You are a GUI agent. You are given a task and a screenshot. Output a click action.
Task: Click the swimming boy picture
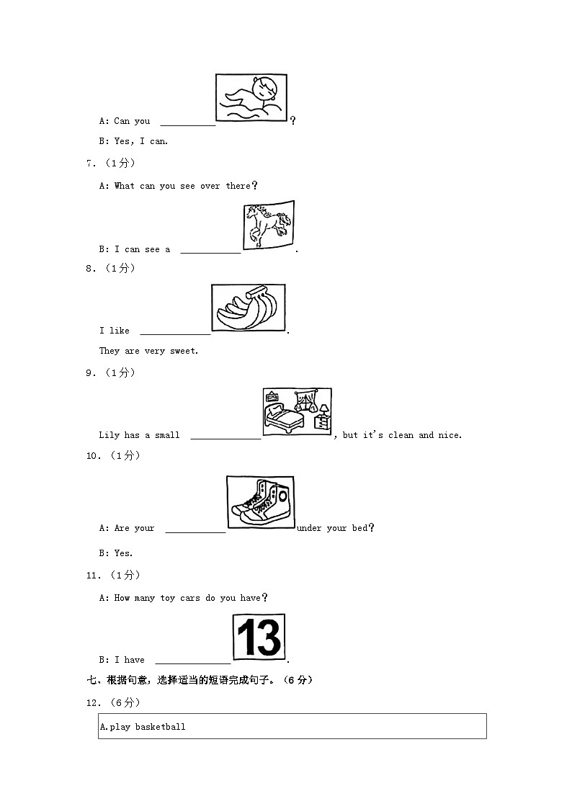[251, 97]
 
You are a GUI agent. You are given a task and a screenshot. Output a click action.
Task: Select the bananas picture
[249, 308]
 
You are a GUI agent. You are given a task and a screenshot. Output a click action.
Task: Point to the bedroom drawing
[297, 412]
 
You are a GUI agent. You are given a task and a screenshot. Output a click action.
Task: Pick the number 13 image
[259, 637]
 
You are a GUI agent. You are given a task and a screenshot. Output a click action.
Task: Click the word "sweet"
[183, 351]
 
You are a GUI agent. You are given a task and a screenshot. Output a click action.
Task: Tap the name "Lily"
[109, 435]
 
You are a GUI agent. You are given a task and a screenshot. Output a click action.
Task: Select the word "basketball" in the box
[160, 727]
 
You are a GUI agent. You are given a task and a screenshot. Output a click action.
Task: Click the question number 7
[90, 164]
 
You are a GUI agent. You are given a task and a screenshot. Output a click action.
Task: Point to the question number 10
[92, 455]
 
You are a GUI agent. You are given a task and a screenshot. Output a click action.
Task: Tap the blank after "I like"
[175, 331]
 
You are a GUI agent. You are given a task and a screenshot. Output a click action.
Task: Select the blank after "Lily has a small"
[225, 436]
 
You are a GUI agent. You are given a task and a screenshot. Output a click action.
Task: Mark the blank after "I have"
[192, 661]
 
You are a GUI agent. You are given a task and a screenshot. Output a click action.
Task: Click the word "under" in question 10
[309, 528]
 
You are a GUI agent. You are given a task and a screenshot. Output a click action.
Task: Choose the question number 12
[92, 702]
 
